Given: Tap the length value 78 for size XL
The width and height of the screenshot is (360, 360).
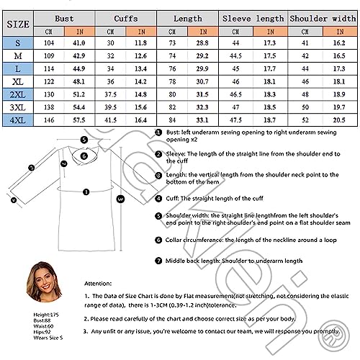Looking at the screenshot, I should coord(172,81).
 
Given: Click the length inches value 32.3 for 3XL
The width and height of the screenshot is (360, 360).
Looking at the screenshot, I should coord(202,107).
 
